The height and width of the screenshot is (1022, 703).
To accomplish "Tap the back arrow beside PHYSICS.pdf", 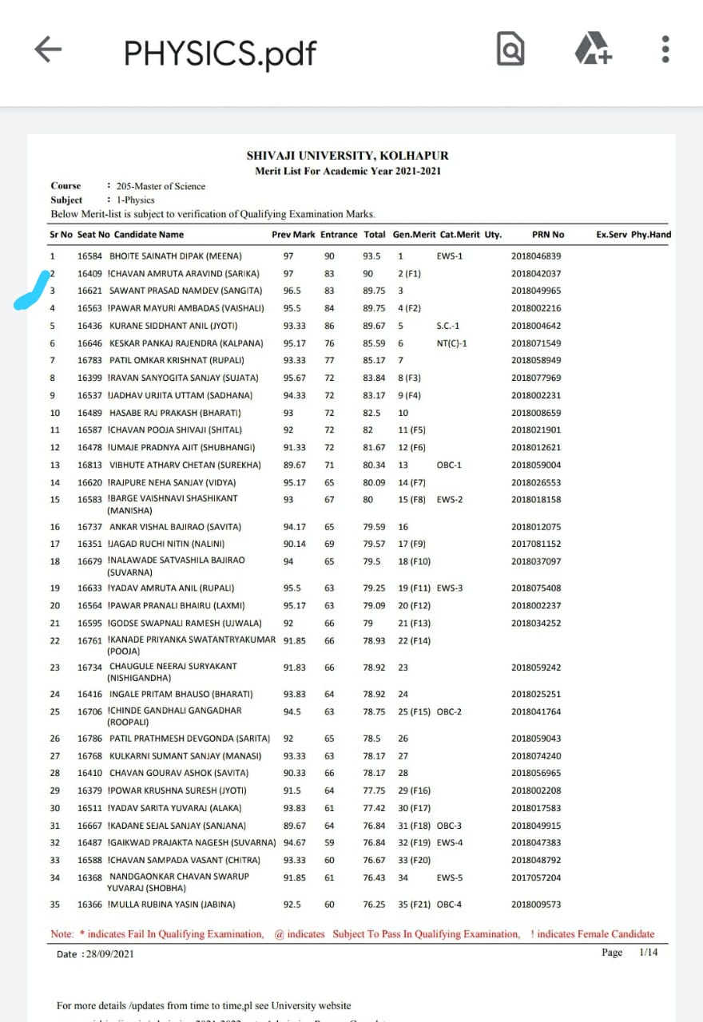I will pyautogui.click(x=49, y=50).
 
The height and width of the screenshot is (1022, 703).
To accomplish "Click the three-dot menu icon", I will pyautogui.click(x=665, y=50).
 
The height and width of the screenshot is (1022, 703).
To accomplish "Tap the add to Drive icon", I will pyautogui.click(x=593, y=50).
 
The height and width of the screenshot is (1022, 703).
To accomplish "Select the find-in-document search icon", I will pyautogui.click(x=510, y=50).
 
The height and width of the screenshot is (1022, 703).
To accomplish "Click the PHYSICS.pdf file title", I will pyautogui.click(x=220, y=53).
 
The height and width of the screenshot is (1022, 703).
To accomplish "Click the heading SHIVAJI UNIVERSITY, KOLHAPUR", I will pyautogui.click(x=348, y=156).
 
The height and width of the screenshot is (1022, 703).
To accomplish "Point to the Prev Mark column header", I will pyautogui.click(x=293, y=235).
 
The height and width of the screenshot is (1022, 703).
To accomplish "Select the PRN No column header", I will pyautogui.click(x=548, y=235).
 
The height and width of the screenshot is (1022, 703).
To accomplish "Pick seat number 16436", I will pyautogui.click(x=89, y=326).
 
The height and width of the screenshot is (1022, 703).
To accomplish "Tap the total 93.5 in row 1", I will pyautogui.click(x=371, y=256).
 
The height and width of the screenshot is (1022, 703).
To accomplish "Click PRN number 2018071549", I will pyautogui.click(x=536, y=343).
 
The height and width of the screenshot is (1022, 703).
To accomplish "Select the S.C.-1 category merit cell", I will pyautogui.click(x=449, y=326).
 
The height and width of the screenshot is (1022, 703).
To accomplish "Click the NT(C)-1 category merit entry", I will pyautogui.click(x=451, y=343).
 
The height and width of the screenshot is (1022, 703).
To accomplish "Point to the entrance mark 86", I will pyautogui.click(x=329, y=326).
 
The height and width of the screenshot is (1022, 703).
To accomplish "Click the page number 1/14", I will pyautogui.click(x=648, y=953).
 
